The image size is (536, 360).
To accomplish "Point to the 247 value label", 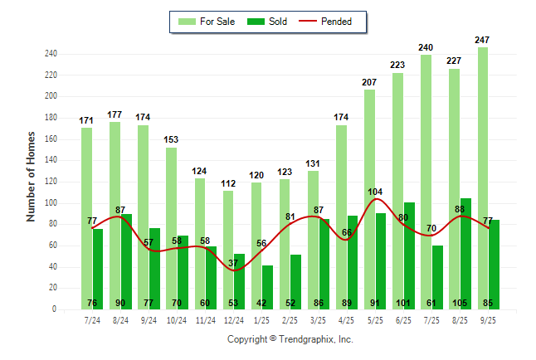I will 482,40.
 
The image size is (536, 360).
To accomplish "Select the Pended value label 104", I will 376,192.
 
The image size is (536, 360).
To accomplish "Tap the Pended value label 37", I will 234,263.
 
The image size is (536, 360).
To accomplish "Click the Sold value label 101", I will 409,303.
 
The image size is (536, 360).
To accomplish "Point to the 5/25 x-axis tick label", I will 375,319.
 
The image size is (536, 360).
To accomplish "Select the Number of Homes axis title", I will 32,176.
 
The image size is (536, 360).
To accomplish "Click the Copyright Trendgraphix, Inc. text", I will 290,339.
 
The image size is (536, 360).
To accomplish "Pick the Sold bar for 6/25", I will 409,253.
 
